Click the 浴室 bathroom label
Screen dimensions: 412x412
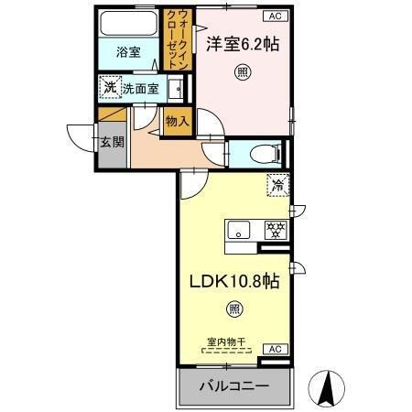point(127,53)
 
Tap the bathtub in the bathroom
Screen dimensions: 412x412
point(127,24)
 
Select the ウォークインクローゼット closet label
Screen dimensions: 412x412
point(176,33)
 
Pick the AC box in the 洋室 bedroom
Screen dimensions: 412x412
point(275,16)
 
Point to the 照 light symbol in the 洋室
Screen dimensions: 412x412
point(242,73)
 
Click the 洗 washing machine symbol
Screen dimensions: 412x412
point(110,88)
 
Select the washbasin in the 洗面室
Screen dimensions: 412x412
point(179,88)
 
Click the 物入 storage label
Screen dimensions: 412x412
point(177,120)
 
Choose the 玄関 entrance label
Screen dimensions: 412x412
point(111,141)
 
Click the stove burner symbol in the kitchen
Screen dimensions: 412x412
point(273,229)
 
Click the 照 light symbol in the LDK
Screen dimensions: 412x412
point(234,312)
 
